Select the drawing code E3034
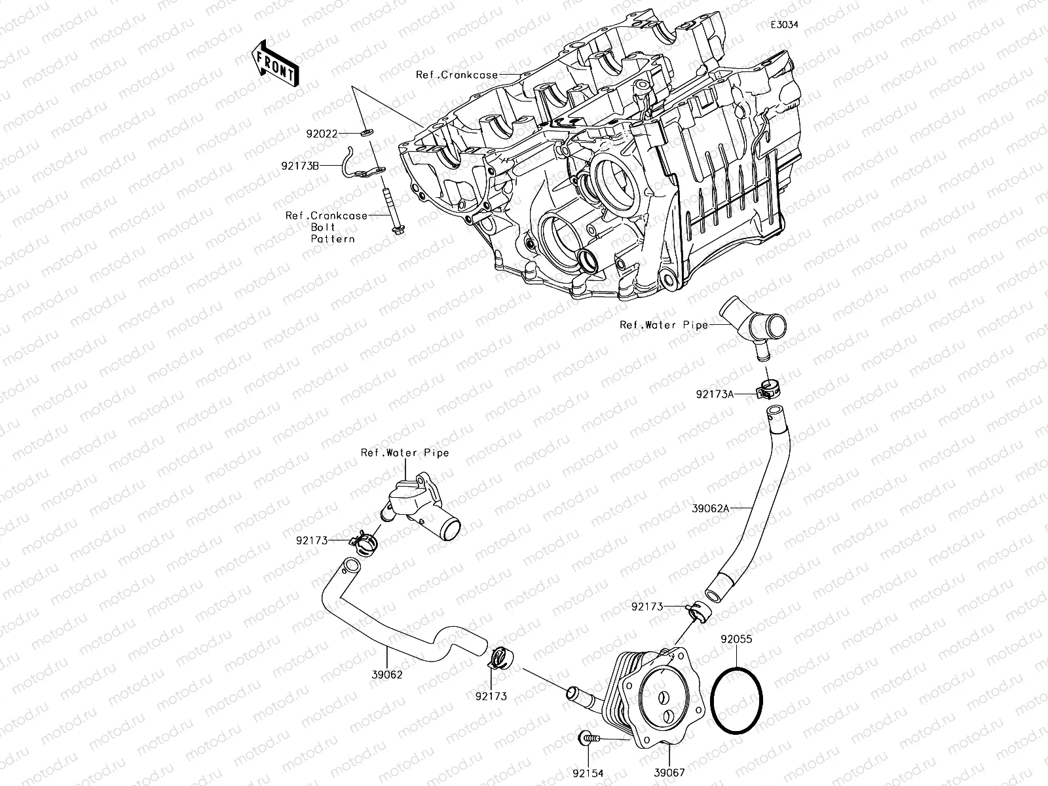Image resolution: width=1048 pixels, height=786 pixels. tap(785, 25)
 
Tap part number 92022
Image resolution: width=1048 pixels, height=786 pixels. tap(322, 134)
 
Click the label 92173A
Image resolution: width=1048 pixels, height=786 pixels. tap(715, 394)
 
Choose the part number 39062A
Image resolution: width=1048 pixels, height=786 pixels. tap(710, 507)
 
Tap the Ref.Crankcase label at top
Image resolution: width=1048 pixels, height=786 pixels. tap(457, 75)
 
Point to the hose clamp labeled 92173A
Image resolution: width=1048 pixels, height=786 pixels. tap(767, 389)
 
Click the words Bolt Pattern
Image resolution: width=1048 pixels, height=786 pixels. tap(332, 233)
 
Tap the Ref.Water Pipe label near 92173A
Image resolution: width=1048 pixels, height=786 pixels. tap(664, 324)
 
